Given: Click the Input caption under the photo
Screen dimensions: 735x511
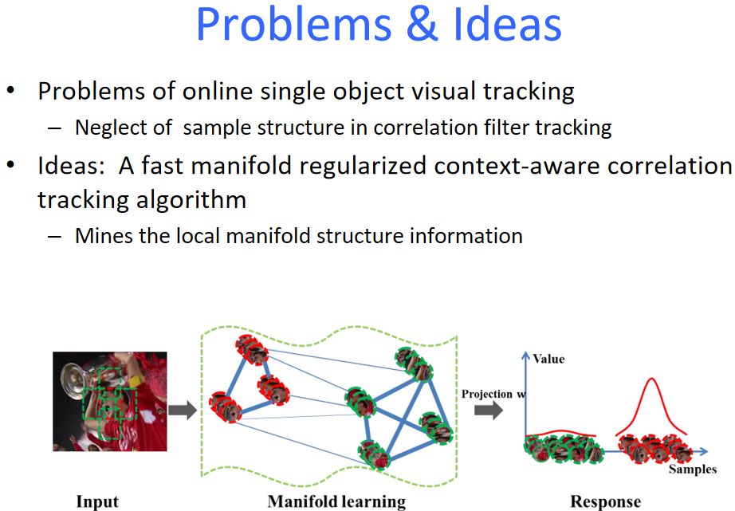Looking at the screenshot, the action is (x=97, y=501).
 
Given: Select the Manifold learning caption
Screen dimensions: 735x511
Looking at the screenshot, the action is (x=336, y=501).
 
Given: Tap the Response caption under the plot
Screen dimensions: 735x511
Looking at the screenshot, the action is (x=605, y=501).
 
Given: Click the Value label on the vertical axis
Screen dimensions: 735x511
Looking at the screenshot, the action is (x=548, y=359).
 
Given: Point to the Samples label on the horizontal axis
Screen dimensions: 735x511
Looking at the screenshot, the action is (x=692, y=469).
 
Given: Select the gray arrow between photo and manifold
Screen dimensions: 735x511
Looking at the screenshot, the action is (x=182, y=411).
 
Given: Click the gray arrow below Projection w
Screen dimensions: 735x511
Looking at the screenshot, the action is (x=488, y=411).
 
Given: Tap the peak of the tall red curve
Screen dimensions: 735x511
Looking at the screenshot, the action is (x=650, y=378).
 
